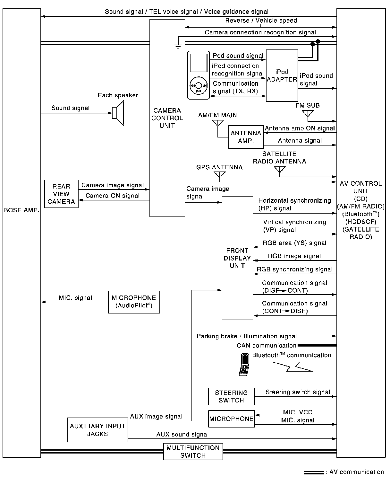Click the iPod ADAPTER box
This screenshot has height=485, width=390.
pos(282,75)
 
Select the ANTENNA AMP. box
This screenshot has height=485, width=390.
pos(246,137)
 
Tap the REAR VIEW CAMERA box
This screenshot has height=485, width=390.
pos(61,194)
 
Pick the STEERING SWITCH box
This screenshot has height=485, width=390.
pos(231,396)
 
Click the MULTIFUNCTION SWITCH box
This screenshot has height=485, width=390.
pos(193,451)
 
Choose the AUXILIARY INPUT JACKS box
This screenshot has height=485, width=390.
pos(97,430)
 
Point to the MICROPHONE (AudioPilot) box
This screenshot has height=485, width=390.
pos(134,302)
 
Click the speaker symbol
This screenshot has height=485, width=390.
pos(119,113)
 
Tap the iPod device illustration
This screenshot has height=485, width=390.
pos(198,75)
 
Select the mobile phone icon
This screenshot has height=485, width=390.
pos(244,365)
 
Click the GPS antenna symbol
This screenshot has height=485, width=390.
pos(220,175)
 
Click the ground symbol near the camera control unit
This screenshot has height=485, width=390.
pos(178,45)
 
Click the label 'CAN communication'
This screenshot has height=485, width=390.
pos(267,346)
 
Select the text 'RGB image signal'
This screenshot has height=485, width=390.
pos(294,256)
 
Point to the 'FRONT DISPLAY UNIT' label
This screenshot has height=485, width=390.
pos(237,258)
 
